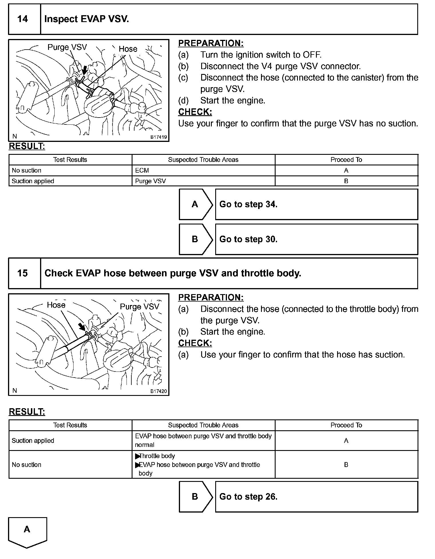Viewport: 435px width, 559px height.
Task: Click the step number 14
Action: [x=23, y=19]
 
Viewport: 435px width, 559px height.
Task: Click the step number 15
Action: [x=23, y=273]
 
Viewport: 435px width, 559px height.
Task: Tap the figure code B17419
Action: [x=159, y=137]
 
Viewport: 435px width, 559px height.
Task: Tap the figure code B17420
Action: [x=159, y=391]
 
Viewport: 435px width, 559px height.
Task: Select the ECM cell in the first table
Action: [x=142, y=171]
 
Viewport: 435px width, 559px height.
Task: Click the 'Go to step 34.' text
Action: [x=248, y=204]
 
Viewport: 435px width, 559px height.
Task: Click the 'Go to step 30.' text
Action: [x=248, y=239]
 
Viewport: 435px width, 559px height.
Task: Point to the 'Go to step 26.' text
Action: [x=248, y=497]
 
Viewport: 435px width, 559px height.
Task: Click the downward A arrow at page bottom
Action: [x=27, y=532]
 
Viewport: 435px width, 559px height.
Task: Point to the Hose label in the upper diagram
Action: [x=128, y=49]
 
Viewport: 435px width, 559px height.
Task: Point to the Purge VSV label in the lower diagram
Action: [x=139, y=307]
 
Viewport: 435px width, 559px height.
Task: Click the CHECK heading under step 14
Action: [x=195, y=112]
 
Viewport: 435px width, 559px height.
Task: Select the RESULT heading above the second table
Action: [x=27, y=412]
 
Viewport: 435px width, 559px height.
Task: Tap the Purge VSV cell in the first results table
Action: [x=150, y=181]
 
